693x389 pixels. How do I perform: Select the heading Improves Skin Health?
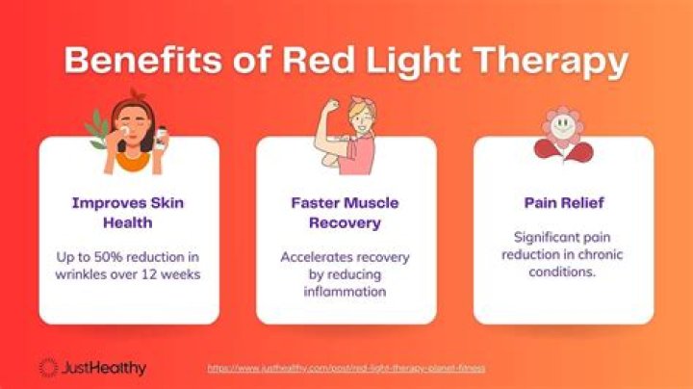point(129,212)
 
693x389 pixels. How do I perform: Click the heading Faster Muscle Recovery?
point(346,212)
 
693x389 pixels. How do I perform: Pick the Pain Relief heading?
point(563,203)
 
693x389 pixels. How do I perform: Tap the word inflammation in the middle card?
point(346,292)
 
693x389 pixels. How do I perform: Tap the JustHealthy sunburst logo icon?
point(48,367)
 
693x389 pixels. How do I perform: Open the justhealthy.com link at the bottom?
point(346,368)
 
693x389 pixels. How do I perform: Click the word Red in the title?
point(322,61)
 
